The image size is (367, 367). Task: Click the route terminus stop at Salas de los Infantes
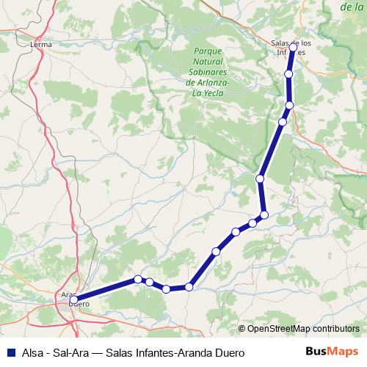[294, 47]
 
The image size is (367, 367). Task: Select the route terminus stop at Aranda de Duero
[74, 299]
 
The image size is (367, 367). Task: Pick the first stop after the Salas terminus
[289, 74]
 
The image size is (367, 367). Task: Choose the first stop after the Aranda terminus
[138, 279]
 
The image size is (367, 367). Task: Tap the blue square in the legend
[10, 352]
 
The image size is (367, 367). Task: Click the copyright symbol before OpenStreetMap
[243, 329]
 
